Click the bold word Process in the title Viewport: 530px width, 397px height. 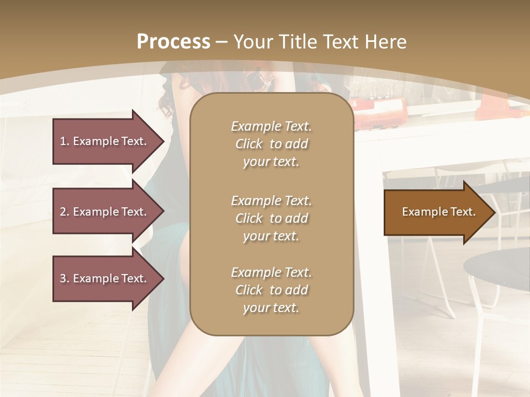click(x=173, y=42)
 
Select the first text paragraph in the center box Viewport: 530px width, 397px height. click(x=271, y=144)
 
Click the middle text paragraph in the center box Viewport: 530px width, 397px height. click(x=271, y=218)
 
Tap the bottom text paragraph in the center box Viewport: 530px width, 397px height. click(x=271, y=290)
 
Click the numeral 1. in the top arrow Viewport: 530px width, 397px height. click(x=65, y=141)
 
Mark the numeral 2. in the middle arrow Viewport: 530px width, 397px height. click(x=65, y=212)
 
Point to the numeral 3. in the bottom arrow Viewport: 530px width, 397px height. click(x=65, y=278)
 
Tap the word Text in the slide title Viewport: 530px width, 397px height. click(x=341, y=42)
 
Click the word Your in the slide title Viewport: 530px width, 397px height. click(x=253, y=42)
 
